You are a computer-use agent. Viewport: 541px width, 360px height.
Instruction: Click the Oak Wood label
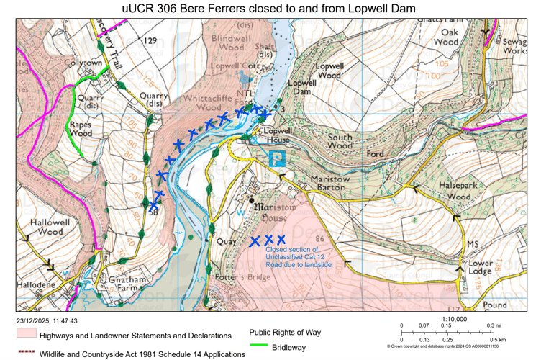(x=450, y=37)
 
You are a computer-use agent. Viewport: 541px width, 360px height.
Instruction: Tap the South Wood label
(x=340, y=141)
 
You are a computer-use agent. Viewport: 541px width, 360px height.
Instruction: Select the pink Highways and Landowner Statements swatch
(x=26, y=335)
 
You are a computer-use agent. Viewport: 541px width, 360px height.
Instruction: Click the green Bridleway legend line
(x=258, y=347)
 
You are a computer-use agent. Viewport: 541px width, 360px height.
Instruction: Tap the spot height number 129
(x=149, y=41)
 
